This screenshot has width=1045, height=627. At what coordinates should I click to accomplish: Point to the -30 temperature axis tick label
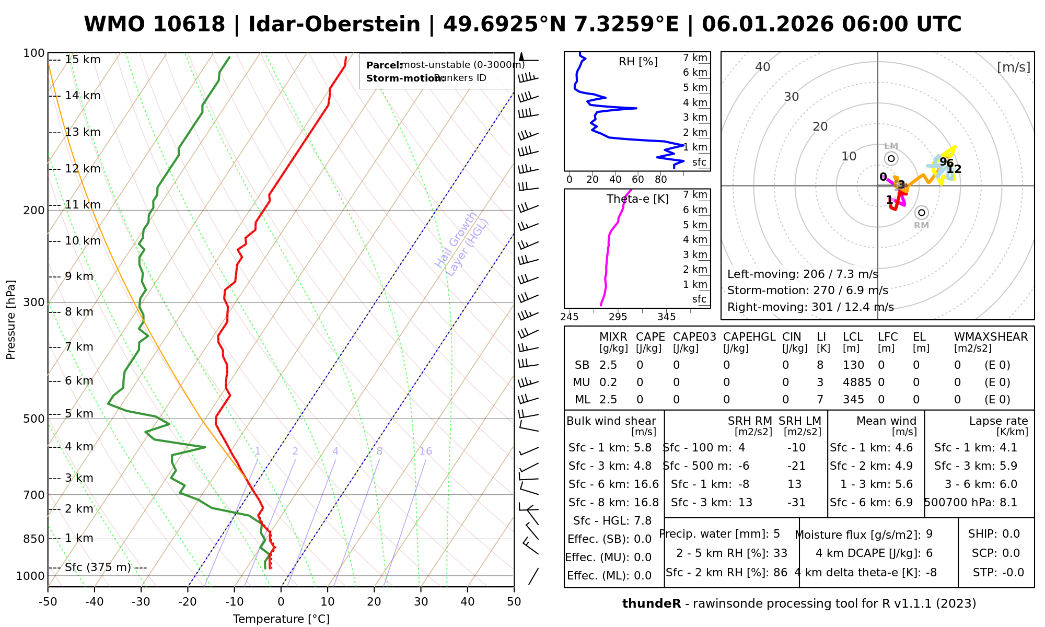click(141, 602)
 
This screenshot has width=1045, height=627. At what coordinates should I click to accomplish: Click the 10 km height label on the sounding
click(83, 241)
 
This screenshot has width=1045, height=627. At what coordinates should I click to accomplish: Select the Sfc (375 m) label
click(98, 567)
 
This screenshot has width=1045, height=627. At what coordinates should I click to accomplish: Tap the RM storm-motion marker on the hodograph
click(922, 213)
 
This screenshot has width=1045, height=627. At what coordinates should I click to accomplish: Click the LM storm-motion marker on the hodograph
click(891, 158)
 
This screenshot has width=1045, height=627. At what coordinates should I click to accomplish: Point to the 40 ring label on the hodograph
click(763, 67)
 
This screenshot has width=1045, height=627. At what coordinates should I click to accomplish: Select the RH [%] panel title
click(638, 62)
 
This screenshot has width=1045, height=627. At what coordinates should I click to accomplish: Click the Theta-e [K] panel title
click(637, 199)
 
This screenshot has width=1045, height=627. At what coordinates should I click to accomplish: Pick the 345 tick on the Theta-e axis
click(666, 317)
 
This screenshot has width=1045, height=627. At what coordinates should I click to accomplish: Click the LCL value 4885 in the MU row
click(857, 382)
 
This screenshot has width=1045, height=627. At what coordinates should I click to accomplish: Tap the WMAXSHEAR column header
click(991, 337)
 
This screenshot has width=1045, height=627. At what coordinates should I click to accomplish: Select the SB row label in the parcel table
click(582, 365)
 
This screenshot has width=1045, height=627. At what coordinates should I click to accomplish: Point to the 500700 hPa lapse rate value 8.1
click(1008, 503)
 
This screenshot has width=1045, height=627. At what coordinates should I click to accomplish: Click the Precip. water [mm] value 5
click(776, 534)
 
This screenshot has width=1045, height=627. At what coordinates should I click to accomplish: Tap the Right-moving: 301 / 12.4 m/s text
click(810, 307)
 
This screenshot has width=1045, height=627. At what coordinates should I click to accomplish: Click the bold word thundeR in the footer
click(651, 604)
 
